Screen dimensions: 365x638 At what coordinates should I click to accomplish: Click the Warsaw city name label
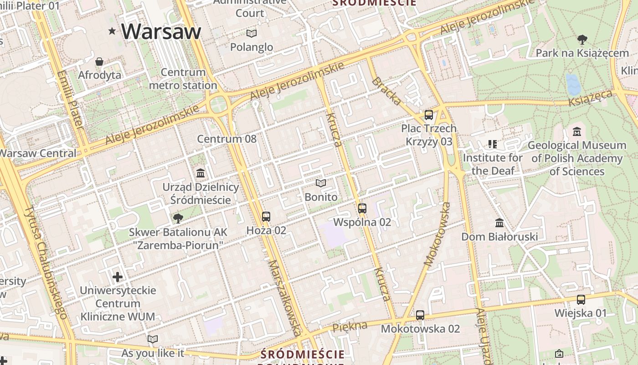coord(161,31)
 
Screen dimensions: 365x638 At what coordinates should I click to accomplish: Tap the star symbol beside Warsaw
coord(112,31)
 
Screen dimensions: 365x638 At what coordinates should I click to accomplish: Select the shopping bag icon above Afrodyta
coord(99,61)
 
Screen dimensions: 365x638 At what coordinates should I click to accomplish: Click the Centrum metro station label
coord(183,78)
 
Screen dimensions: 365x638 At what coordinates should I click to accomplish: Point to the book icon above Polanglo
coord(251,33)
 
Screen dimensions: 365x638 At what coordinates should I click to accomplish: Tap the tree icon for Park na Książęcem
coord(582,40)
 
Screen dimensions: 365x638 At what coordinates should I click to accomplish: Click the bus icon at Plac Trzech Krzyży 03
coord(428,115)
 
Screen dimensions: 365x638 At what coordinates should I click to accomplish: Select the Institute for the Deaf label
coord(493,164)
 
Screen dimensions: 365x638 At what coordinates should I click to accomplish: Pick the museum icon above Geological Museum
coord(576,132)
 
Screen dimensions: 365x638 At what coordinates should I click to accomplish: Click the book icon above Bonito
coord(321,183)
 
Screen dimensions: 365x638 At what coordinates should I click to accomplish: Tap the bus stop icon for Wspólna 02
coord(362,209)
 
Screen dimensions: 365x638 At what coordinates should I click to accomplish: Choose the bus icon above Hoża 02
coord(266,217)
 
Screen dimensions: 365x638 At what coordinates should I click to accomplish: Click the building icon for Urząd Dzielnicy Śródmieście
coord(201,173)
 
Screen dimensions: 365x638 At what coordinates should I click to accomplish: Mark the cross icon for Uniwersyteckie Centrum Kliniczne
coord(118,276)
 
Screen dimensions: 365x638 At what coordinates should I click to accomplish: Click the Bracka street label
coord(386,91)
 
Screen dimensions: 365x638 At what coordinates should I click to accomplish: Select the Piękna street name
coord(350,327)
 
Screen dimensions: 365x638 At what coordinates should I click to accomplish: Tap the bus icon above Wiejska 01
coord(581,300)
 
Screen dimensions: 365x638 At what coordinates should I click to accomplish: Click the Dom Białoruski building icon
coord(499,223)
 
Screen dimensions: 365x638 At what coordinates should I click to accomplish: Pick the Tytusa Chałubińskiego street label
coord(46,262)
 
